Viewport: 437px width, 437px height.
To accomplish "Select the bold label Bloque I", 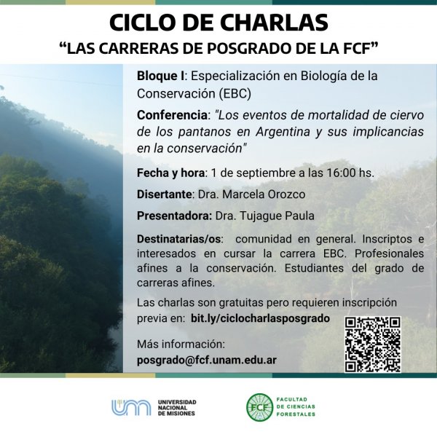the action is point(160,76).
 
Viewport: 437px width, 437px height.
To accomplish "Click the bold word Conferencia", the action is point(172,115).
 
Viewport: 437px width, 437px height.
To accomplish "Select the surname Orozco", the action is point(286,194).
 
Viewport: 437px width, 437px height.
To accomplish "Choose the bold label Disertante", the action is point(165,194).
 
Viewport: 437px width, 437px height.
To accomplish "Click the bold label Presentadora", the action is point(175,216).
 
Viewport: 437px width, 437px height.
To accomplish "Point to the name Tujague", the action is point(259,216).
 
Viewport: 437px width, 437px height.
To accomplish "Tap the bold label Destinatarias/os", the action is point(179,239).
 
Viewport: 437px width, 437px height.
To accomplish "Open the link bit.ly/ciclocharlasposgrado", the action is point(260,318).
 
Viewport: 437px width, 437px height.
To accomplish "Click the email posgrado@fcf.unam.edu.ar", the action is point(207,360).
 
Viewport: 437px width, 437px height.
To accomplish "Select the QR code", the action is point(373,345).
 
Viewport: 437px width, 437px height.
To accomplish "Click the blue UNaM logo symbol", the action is point(131,407).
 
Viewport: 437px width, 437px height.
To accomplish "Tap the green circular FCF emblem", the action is point(260,407).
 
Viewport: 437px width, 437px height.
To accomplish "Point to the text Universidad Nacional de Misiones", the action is point(177,408).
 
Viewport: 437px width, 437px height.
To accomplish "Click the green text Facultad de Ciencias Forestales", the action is point(296,407).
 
